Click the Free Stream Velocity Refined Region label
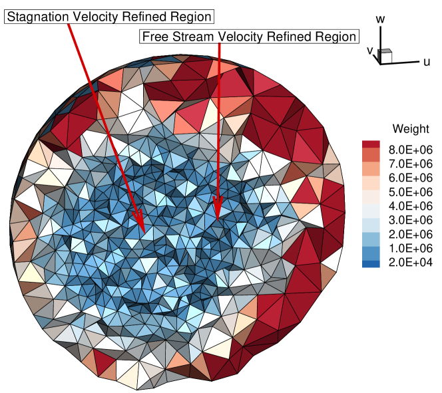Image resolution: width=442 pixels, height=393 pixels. coord(249,37)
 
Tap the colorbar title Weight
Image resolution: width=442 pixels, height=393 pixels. coord(406,128)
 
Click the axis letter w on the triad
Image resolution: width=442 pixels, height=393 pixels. coord(381,19)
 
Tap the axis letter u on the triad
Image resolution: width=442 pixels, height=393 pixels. coord(425,62)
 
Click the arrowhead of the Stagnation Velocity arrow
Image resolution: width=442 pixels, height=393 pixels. coord(140,224)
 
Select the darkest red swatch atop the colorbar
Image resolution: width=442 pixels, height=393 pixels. coord(371,144)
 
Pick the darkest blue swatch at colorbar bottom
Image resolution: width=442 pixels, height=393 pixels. coord(371,264)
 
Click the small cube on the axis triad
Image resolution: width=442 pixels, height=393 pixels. coord(385,56)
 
